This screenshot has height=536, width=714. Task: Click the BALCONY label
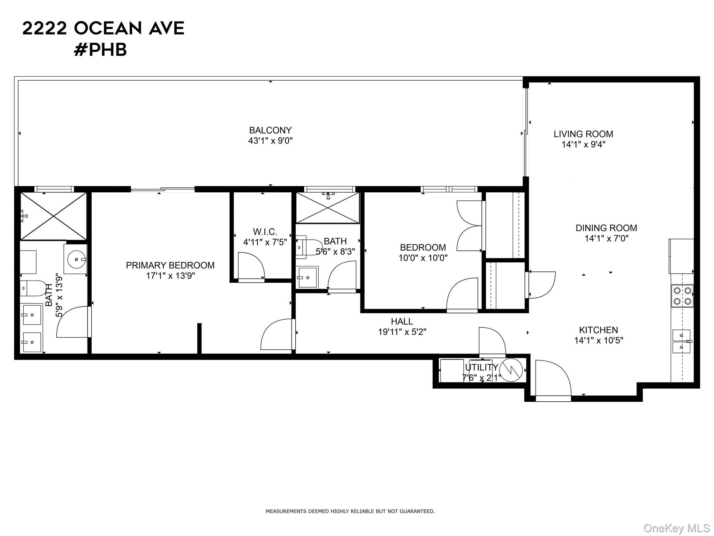[270, 131]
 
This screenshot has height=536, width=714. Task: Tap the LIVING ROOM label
[583, 134]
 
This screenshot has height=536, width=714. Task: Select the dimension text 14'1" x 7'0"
[606, 239]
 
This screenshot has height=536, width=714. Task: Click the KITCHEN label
[598, 330]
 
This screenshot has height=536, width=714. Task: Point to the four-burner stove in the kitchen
[682, 296]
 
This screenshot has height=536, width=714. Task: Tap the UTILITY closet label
[481, 367]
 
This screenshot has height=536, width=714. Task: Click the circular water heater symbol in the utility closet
[511, 370]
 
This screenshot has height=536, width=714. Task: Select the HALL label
[402, 321]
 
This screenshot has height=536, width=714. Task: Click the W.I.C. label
[265, 232]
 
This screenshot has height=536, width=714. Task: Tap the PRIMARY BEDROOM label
[170, 266]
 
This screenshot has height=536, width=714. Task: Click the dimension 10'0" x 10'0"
[423, 258]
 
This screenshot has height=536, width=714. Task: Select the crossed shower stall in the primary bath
[53, 216]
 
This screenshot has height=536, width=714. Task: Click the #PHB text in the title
[100, 50]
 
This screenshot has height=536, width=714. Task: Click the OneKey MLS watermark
[676, 528]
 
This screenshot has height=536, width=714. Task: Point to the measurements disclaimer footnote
[350, 512]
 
